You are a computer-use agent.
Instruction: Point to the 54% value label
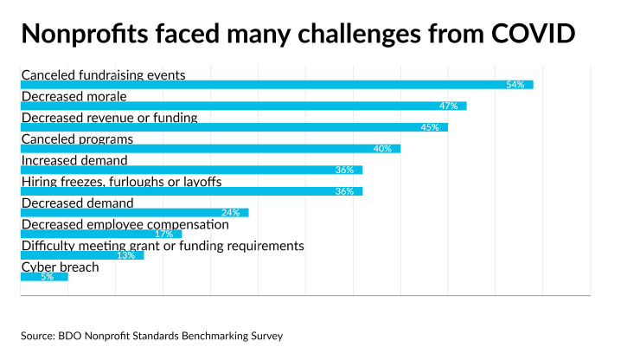(515, 85)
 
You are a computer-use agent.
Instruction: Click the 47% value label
(448, 106)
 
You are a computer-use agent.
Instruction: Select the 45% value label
(430, 127)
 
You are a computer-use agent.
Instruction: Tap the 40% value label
(382, 149)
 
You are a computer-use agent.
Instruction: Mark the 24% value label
(230, 213)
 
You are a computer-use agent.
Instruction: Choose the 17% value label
(163, 235)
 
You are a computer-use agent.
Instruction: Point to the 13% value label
(125, 255)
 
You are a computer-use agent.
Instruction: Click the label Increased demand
(74, 160)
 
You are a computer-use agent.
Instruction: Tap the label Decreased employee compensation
(125, 224)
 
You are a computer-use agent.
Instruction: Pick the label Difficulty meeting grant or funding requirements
(163, 246)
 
